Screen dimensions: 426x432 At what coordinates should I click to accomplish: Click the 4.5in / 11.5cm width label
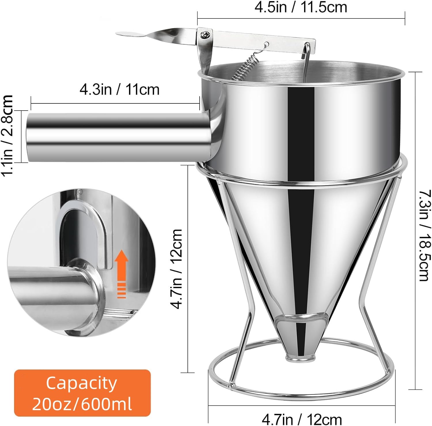[x=301, y=7]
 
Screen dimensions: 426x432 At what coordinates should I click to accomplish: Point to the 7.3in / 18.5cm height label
[x=424, y=235]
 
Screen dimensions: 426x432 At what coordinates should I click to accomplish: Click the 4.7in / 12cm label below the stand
[x=302, y=419]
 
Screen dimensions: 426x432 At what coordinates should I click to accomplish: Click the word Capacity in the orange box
[x=82, y=383]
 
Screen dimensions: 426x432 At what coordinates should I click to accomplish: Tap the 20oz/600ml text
[x=82, y=404]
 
